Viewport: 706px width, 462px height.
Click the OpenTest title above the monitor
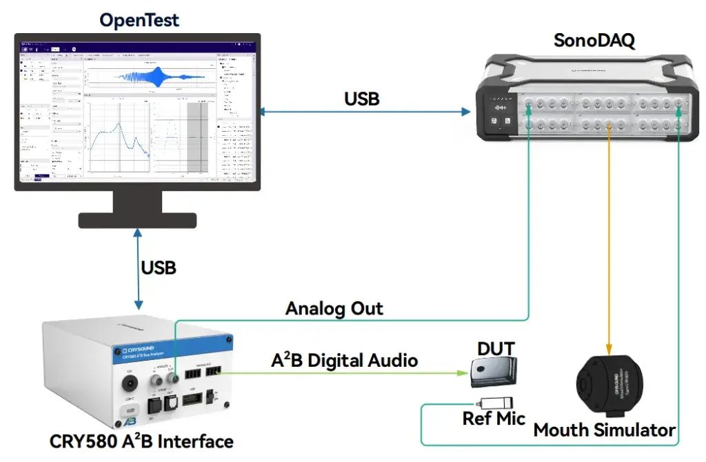[139, 19]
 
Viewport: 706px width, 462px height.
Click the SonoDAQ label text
[594, 41]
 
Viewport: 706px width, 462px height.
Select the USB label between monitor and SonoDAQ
[362, 99]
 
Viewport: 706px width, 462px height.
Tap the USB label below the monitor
[159, 267]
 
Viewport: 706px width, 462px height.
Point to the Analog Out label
[334, 308]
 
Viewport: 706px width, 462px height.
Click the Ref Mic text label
[494, 419]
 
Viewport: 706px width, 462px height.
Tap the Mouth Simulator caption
[605, 431]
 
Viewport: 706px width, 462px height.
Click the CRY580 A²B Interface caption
[141, 441]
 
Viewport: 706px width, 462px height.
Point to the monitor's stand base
[139, 220]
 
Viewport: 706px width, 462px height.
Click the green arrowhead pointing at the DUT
[463, 373]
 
